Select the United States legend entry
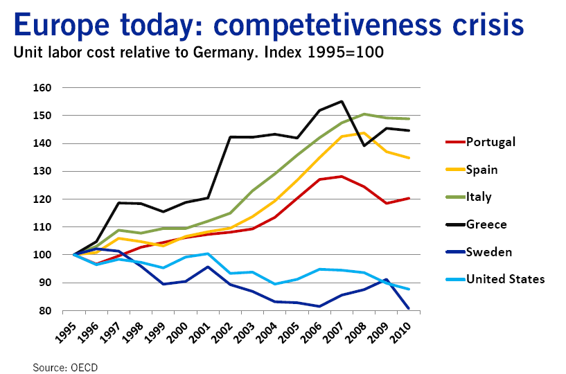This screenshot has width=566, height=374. (505, 279)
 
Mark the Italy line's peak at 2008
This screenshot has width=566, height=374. (364, 114)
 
